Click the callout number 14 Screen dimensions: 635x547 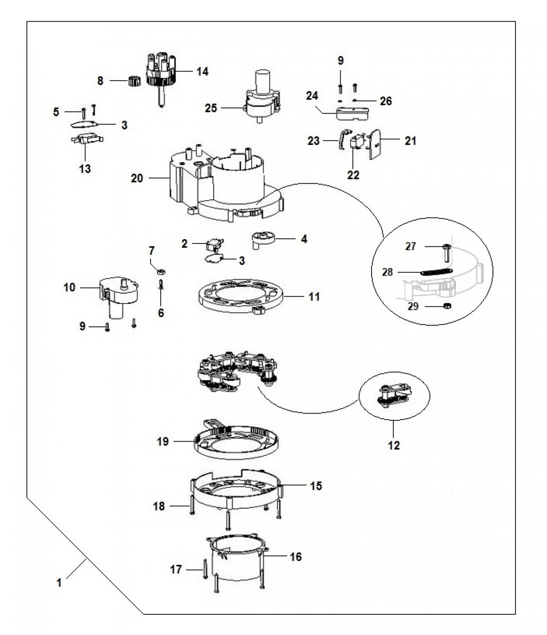pyautogui.click(x=202, y=72)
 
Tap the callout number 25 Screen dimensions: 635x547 pyautogui.click(x=210, y=108)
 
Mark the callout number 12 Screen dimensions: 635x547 pyautogui.click(x=393, y=445)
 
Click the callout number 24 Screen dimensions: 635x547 pyautogui.click(x=312, y=96)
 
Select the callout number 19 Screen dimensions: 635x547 pyautogui.click(x=162, y=442)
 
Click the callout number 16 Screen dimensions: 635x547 pyautogui.click(x=296, y=557)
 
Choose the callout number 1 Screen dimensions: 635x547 pyautogui.click(x=59, y=583)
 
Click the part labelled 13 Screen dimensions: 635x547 pyautogui.click(x=87, y=139)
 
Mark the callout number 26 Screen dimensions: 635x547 pyautogui.click(x=385, y=101)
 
